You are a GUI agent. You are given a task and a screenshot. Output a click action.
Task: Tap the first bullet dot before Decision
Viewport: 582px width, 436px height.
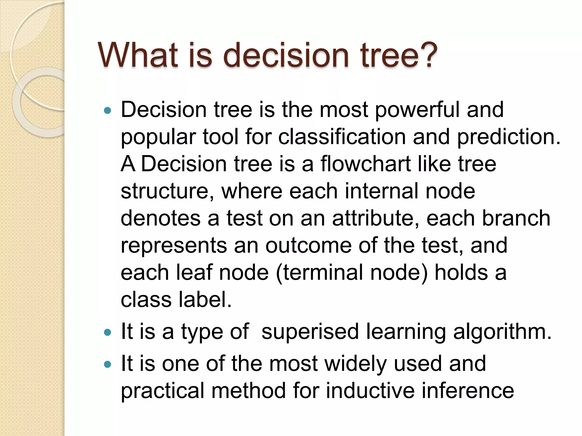(x=107, y=111)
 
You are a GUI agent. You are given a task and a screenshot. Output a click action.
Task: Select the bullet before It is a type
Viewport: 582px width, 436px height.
(x=107, y=332)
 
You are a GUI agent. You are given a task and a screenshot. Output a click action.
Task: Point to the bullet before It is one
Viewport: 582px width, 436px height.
(x=107, y=364)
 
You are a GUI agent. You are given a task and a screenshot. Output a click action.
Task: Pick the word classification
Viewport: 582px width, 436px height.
(x=342, y=137)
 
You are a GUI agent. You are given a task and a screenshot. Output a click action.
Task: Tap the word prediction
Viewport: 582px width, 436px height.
(x=508, y=137)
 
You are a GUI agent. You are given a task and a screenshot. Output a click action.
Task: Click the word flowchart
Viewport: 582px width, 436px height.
(x=365, y=164)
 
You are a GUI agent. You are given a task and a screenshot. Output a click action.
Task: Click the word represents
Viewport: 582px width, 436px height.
(x=174, y=246)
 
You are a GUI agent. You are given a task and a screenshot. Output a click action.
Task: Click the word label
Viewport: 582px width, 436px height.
(x=205, y=300)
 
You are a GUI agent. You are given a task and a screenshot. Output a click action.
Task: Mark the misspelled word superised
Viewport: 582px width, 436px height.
(x=310, y=332)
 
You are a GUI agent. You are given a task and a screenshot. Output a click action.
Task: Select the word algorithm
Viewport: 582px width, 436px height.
(x=502, y=332)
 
